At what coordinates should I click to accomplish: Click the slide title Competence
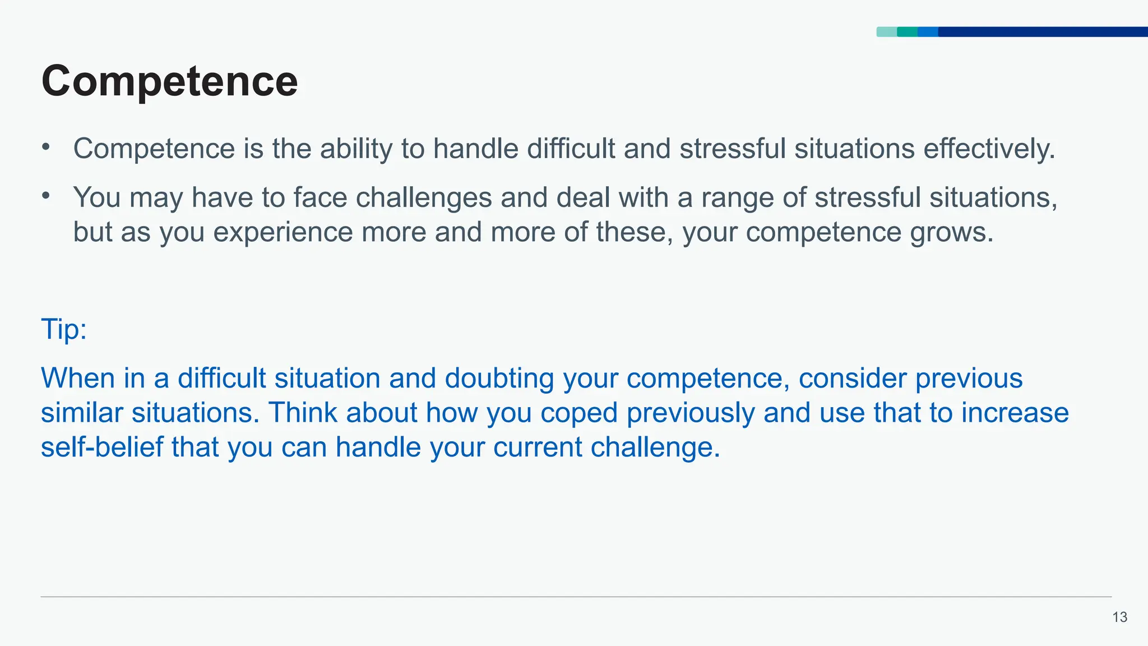pos(169,82)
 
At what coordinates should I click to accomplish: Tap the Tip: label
pos(64,329)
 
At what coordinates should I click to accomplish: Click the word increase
pos(1015,413)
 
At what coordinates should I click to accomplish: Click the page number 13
pos(1119,617)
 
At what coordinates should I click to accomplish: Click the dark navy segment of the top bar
pos(1043,32)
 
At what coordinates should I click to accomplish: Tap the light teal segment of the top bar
pos(886,32)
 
